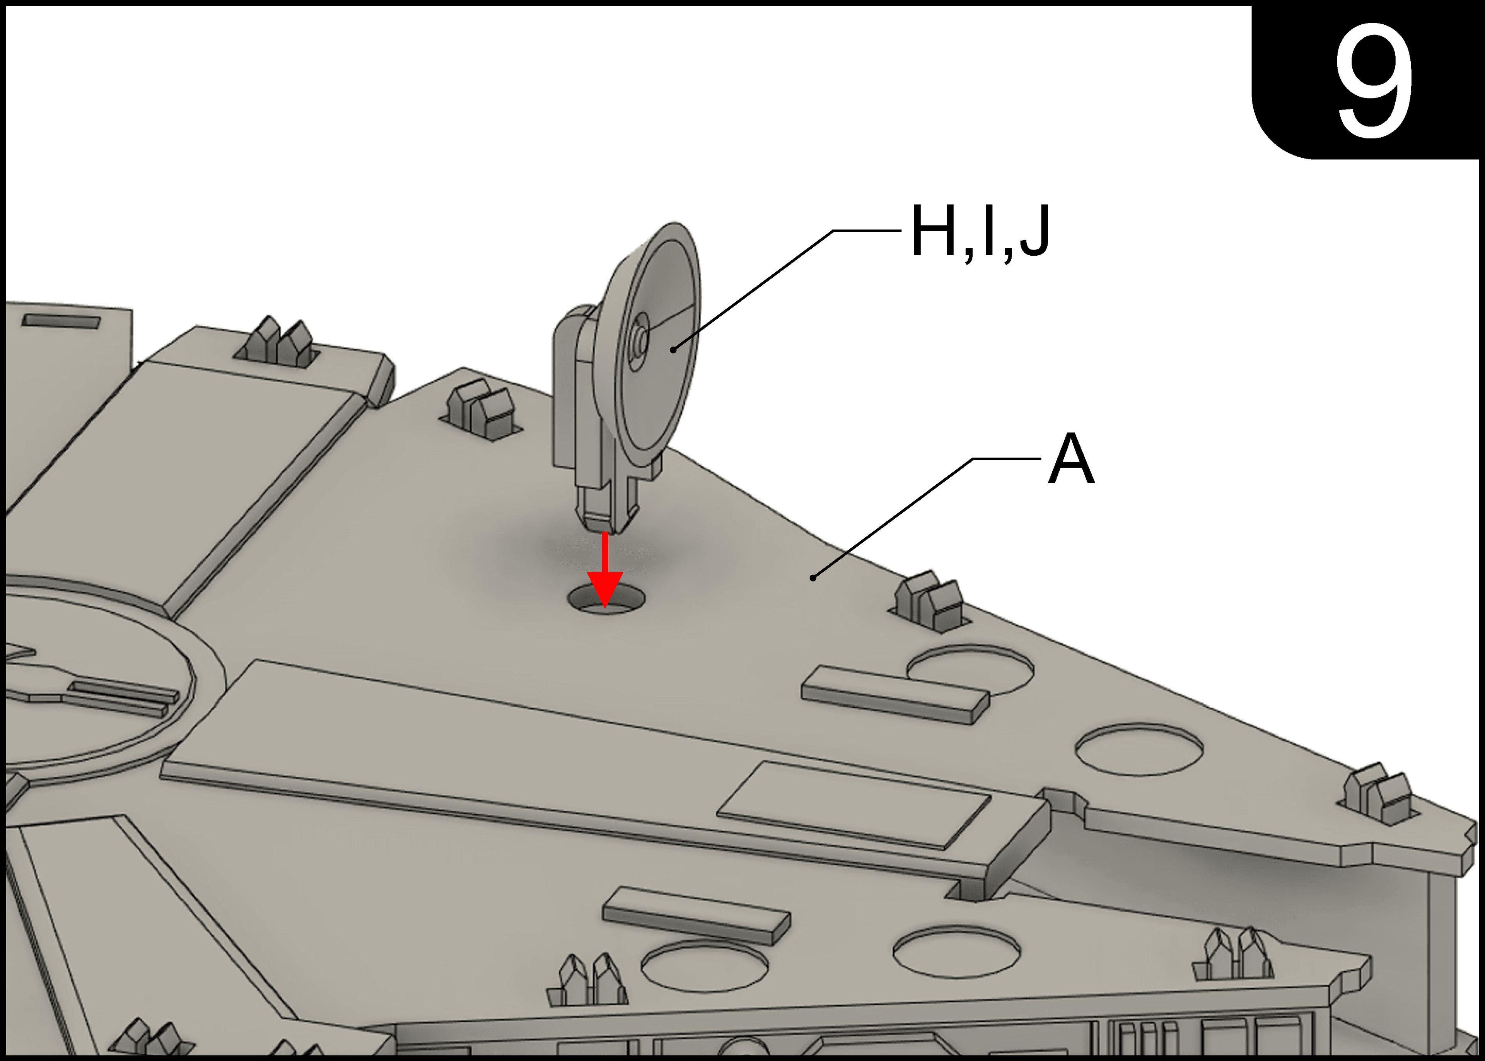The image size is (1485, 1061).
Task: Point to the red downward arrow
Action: click(x=605, y=571)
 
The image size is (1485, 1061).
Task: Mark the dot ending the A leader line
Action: click(x=813, y=577)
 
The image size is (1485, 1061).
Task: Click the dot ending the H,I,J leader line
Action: click(x=673, y=350)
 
